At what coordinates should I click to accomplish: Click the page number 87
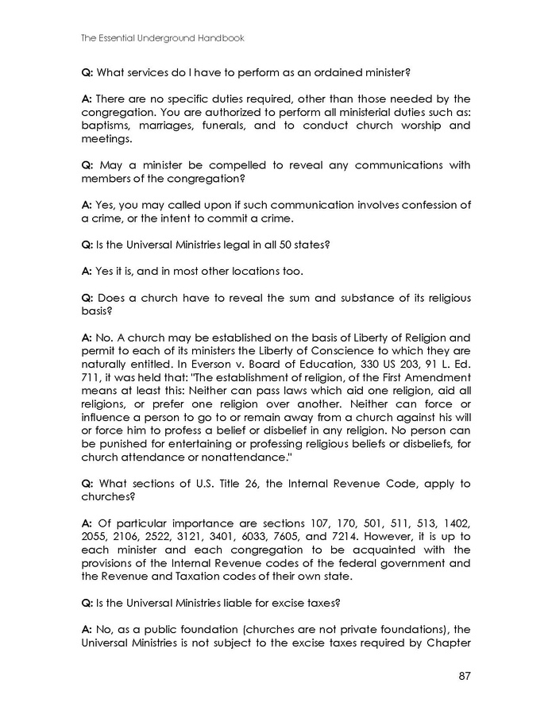pyautogui.click(x=465, y=677)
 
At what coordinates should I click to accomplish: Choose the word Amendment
pyautogui.click(x=439, y=376)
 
